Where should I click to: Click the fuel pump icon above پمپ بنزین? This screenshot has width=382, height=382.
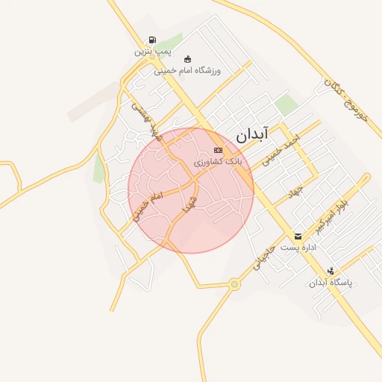[152, 40]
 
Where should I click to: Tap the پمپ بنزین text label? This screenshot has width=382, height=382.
[152, 51]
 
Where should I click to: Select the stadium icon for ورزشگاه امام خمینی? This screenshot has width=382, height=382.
[187, 59]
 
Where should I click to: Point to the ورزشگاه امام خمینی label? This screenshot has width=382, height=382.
[192, 71]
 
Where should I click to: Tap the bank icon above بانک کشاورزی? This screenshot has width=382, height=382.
[218, 150]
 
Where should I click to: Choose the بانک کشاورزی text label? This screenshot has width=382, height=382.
[218, 161]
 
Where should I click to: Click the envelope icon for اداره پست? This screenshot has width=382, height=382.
[298, 236]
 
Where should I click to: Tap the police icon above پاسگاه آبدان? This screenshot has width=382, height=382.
[331, 271]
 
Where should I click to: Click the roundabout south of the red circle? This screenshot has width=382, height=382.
[234, 284]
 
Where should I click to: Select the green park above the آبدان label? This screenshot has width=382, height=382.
[286, 105]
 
